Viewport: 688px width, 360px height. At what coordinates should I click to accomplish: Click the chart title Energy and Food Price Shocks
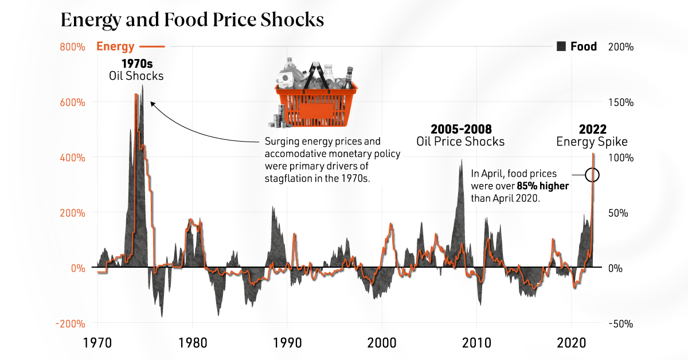pyautogui.click(x=193, y=20)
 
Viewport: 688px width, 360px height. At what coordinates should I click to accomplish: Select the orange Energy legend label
pyautogui.click(x=115, y=47)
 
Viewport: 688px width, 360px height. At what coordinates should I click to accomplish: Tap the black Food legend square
pyautogui.click(x=562, y=47)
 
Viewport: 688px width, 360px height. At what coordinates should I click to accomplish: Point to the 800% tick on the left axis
pyautogui.click(x=72, y=47)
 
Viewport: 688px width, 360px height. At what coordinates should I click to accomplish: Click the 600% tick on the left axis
pyautogui.click(x=72, y=103)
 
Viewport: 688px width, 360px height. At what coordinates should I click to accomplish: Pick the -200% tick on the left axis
pyautogui.click(x=71, y=324)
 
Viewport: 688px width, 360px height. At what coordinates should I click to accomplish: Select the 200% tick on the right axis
pyautogui.click(x=620, y=47)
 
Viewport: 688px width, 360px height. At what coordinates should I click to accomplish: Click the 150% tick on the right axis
pyautogui.click(x=620, y=103)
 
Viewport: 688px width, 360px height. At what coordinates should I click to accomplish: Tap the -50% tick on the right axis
pyautogui.click(x=620, y=324)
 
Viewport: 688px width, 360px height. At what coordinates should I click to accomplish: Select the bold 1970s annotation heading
pyautogui.click(x=136, y=64)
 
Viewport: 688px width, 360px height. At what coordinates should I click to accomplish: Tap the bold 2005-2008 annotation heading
pyautogui.click(x=461, y=129)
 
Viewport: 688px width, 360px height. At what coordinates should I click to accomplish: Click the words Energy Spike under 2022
pyautogui.click(x=592, y=142)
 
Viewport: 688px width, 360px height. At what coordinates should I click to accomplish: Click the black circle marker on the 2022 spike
pyautogui.click(x=593, y=175)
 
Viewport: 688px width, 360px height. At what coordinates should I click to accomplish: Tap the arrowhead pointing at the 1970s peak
pyautogui.click(x=152, y=104)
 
